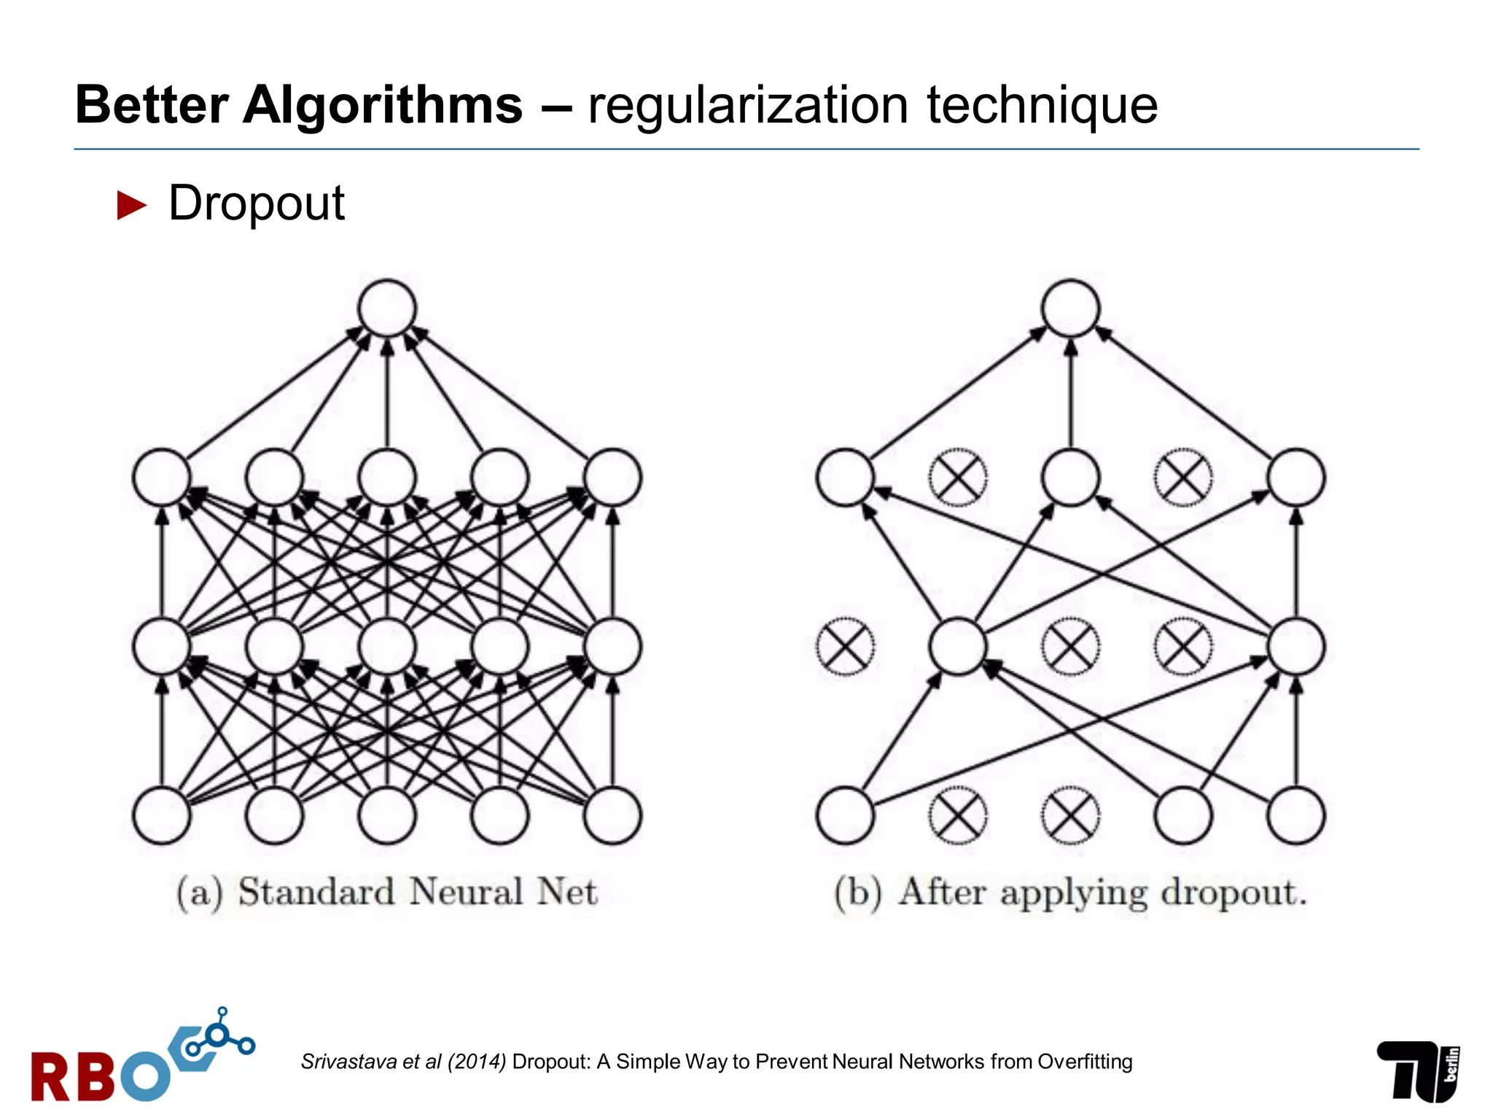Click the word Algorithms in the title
(x=382, y=106)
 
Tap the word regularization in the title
(x=747, y=106)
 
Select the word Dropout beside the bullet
(x=256, y=203)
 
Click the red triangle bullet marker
(x=132, y=206)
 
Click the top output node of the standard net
(x=387, y=308)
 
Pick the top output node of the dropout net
(x=1070, y=308)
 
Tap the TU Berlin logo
(x=1417, y=1070)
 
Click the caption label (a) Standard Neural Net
(x=387, y=892)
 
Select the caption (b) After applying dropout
(x=1070, y=892)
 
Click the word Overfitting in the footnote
(x=1085, y=1062)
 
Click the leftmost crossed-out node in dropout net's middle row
(x=845, y=647)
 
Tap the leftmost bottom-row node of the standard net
(x=162, y=815)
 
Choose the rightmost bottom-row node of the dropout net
(x=1295, y=815)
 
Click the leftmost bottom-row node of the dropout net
(x=845, y=815)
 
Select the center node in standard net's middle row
(x=387, y=647)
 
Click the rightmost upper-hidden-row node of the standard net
(x=612, y=478)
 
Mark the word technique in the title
(x=1042, y=106)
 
